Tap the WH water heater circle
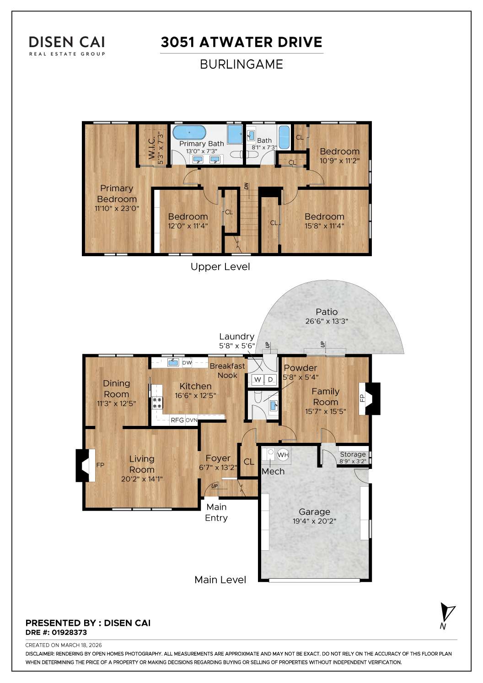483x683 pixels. (x=283, y=455)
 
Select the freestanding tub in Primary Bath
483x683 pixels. (x=189, y=134)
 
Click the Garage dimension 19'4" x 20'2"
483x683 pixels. (x=314, y=521)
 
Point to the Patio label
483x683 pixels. (x=326, y=312)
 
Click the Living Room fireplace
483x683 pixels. (x=83, y=465)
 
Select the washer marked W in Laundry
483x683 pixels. (x=258, y=380)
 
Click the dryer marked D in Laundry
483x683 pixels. (x=270, y=380)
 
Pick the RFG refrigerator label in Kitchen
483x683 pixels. (x=177, y=420)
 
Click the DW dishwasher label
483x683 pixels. (x=187, y=363)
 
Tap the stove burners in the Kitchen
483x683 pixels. (x=157, y=403)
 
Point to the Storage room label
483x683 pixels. (x=353, y=454)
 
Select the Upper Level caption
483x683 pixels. (x=220, y=267)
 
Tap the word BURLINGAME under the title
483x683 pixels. (x=241, y=64)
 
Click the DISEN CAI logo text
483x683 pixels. (x=67, y=42)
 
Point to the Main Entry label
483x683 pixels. (x=216, y=512)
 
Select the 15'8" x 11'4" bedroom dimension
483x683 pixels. (x=324, y=226)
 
